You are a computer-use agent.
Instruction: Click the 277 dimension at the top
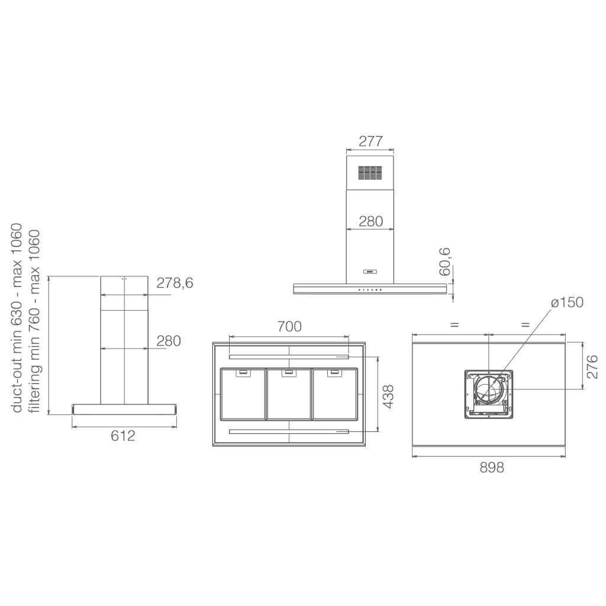click(x=370, y=141)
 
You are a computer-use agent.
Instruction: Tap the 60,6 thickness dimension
click(x=445, y=262)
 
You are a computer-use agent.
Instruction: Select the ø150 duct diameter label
click(x=567, y=302)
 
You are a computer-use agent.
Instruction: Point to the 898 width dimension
click(x=492, y=468)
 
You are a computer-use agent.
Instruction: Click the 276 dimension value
click(x=592, y=367)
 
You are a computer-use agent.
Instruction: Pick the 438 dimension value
click(x=388, y=396)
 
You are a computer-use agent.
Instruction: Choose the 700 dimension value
click(x=289, y=327)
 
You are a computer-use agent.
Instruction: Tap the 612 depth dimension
click(x=123, y=436)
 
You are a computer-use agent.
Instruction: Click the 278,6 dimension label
click(x=175, y=283)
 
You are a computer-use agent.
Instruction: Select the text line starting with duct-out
click(x=17, y=318)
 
